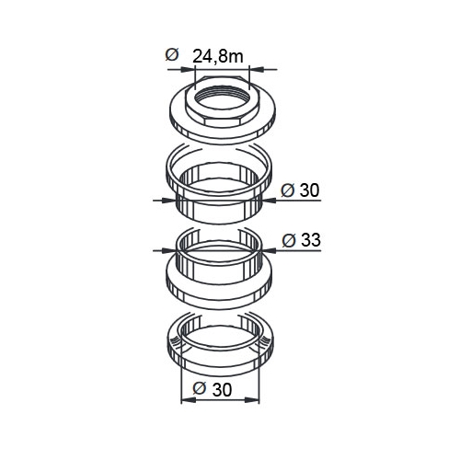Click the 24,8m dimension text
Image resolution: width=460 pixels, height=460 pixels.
coord(218,56)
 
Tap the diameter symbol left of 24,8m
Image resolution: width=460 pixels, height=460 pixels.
coord(172,54)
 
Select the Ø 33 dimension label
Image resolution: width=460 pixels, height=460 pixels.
coord(301,240)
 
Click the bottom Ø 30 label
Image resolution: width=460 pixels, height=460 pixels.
coord(213,389)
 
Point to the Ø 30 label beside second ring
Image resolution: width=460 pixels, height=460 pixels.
coord(300,190)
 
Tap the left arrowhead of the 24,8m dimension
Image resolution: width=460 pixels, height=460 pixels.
coord(189,70)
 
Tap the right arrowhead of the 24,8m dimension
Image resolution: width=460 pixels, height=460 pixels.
coord(257,70)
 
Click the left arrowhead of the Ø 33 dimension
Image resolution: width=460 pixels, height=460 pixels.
coord(168,250)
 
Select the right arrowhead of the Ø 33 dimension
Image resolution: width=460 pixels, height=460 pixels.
coord(268,250)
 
